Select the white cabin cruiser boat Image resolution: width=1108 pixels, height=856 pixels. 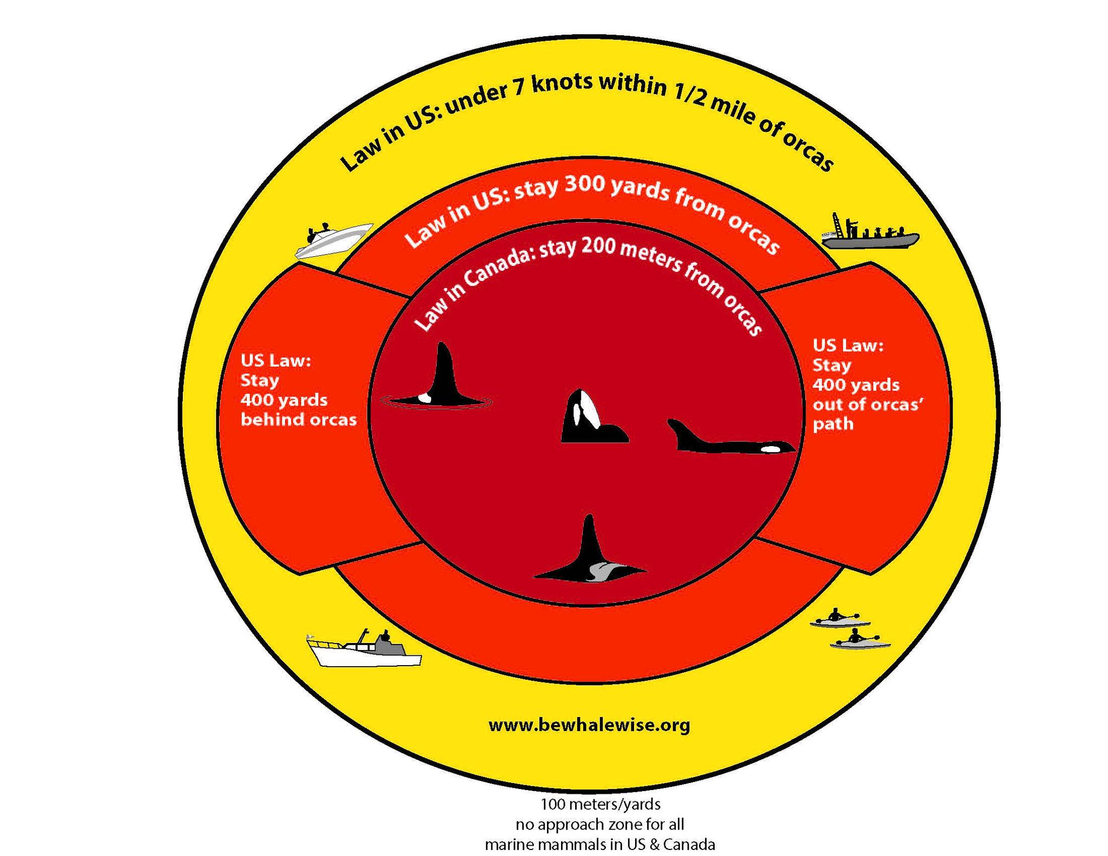coord(364,649)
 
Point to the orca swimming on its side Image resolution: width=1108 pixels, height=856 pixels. coord(730,437)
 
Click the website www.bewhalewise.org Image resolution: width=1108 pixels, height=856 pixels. coord(589,725)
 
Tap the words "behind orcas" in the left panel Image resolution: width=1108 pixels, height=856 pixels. coord(299,420)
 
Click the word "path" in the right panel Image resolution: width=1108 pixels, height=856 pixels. coord(833,423)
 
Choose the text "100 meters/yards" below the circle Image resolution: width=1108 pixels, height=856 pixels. coord(601,804)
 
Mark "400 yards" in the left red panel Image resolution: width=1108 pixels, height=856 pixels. coord(284,400)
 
